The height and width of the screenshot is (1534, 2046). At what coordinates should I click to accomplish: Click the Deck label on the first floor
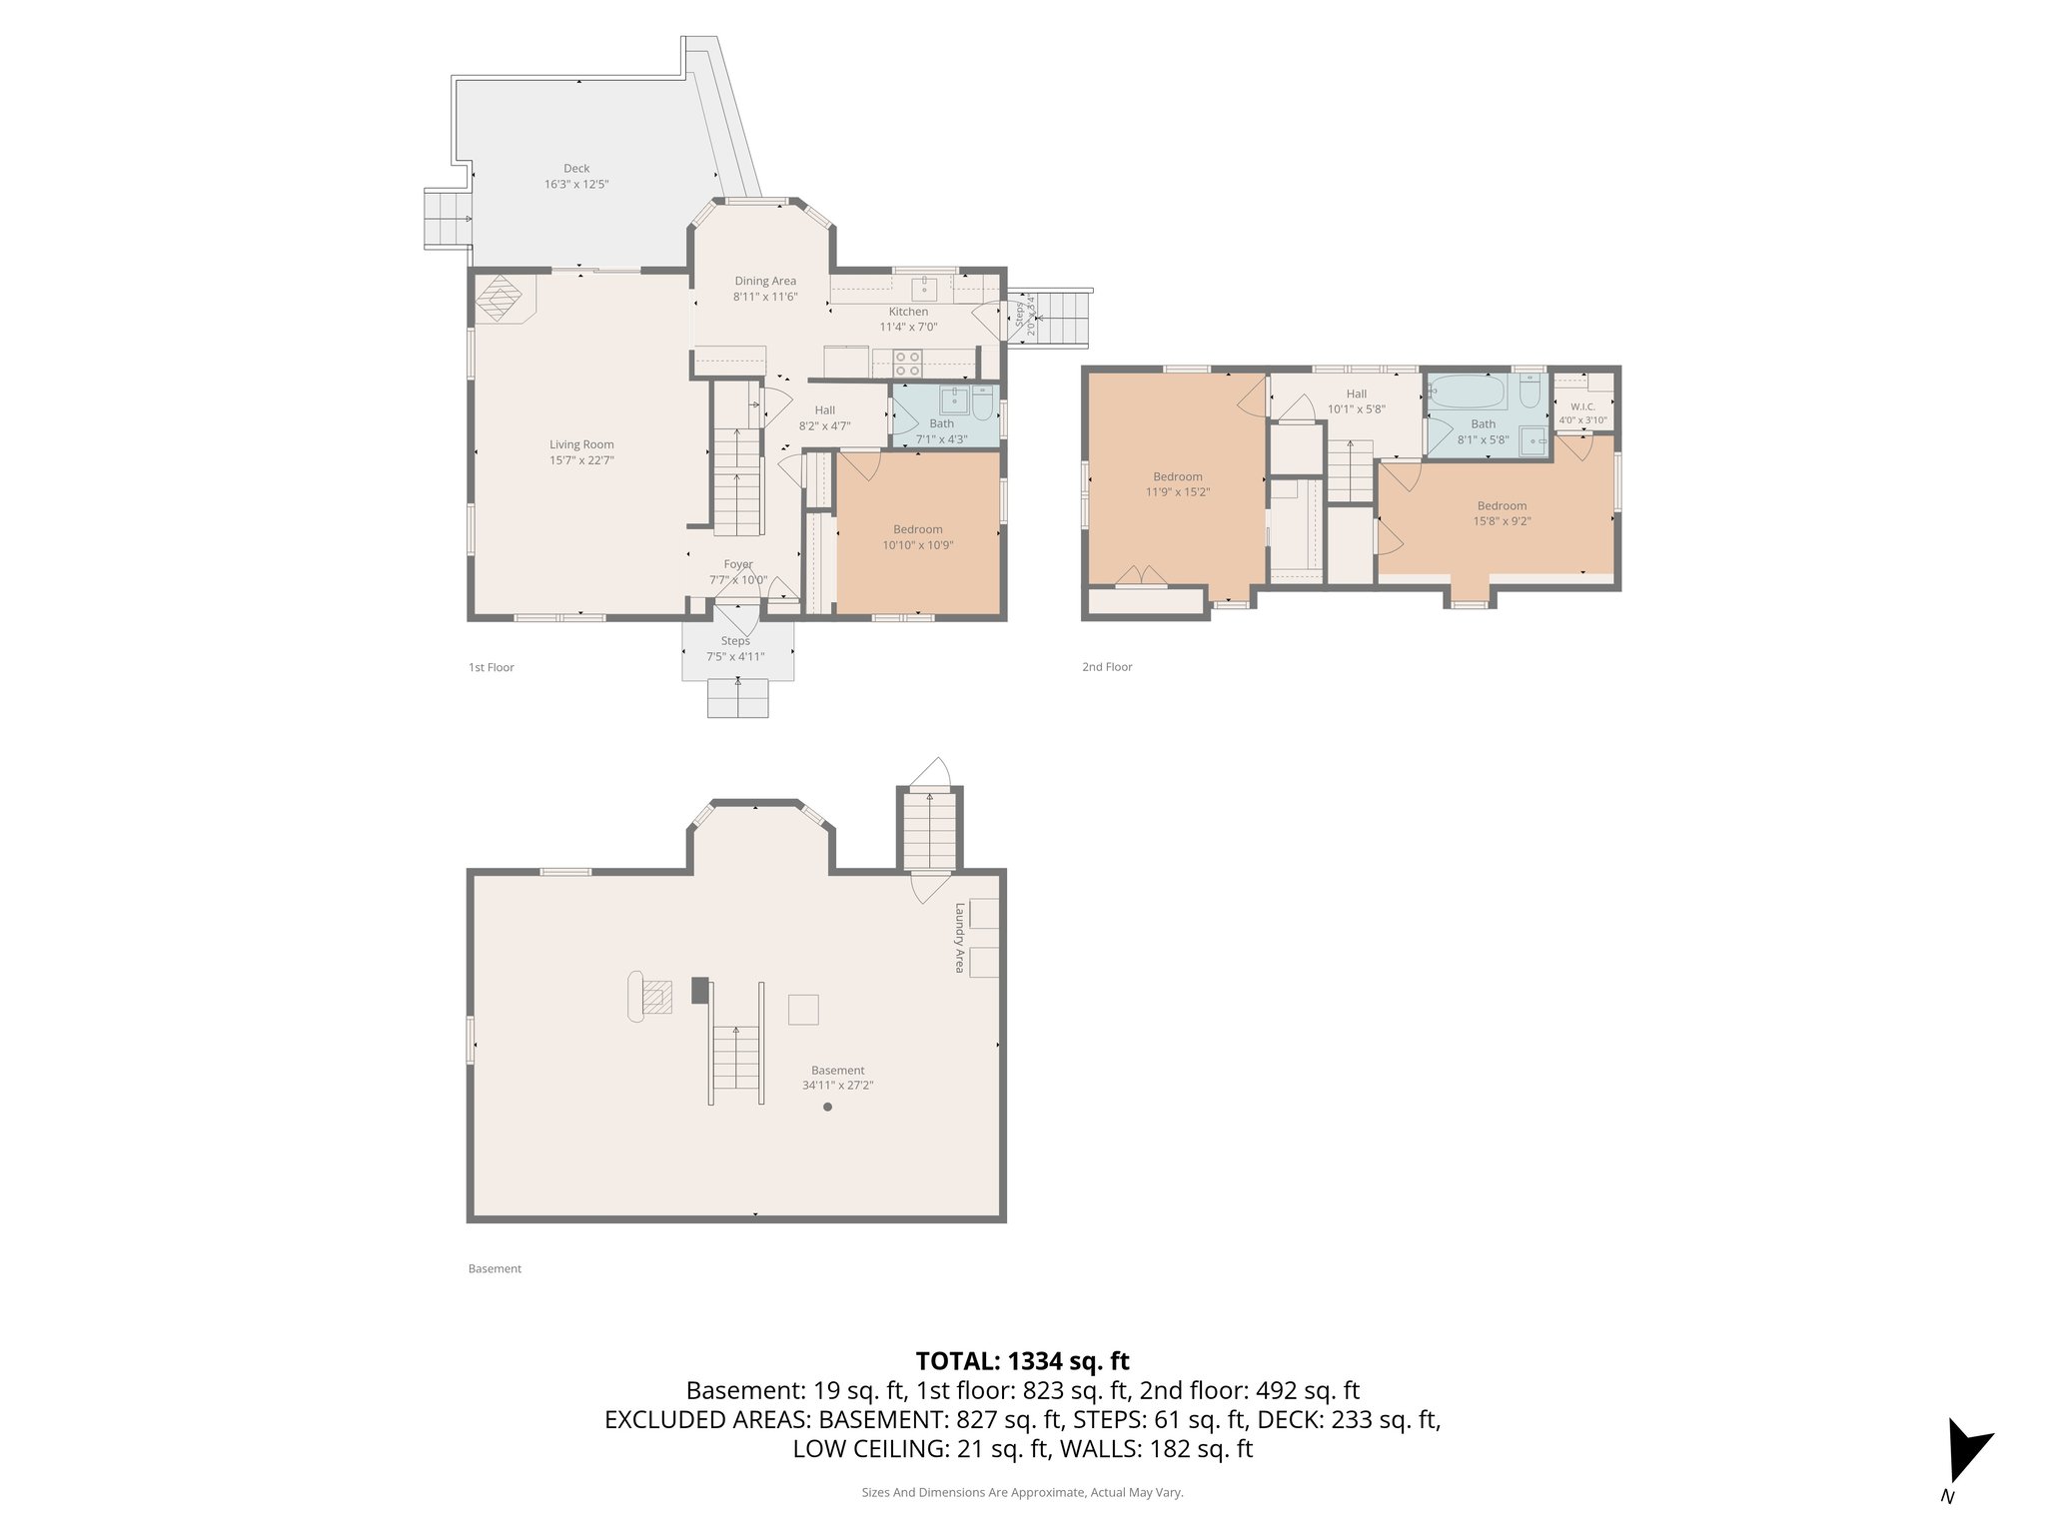pyautogui.click(x=576, y=169)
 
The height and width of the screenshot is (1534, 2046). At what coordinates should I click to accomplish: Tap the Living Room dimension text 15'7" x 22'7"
pyautogui.click(x=581, y=460)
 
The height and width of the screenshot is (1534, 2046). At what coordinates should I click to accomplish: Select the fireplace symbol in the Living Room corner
pyautogui.click(x=499, y=298)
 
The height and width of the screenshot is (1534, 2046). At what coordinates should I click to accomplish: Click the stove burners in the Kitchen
pyautogui.click(x=907, y=363)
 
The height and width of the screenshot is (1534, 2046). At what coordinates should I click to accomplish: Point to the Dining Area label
pyautogui.click(x=765, y=282)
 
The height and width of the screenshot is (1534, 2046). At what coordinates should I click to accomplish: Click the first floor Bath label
pyautogui.click(x=941, y=423)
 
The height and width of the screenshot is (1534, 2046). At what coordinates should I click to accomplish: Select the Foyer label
pyautogui.click(x=738, y=564)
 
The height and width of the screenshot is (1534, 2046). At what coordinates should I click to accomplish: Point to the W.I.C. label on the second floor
pyautogui.click(x=1582, y=406)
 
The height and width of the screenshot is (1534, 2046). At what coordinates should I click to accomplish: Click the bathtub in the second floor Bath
pyautogui.click(x=1468, y=393)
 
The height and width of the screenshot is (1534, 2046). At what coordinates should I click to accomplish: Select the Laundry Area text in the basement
pyautogui.click(x=959, y=938)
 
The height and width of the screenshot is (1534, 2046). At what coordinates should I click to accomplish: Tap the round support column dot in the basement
pyautogui.click(x=827, y=1107)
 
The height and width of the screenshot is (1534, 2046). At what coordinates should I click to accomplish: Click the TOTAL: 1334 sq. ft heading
pyautogui.click(x=1022, y=1360)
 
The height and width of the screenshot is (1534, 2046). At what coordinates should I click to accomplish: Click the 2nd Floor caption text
pyautogui.click(x=1107, y=667)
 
